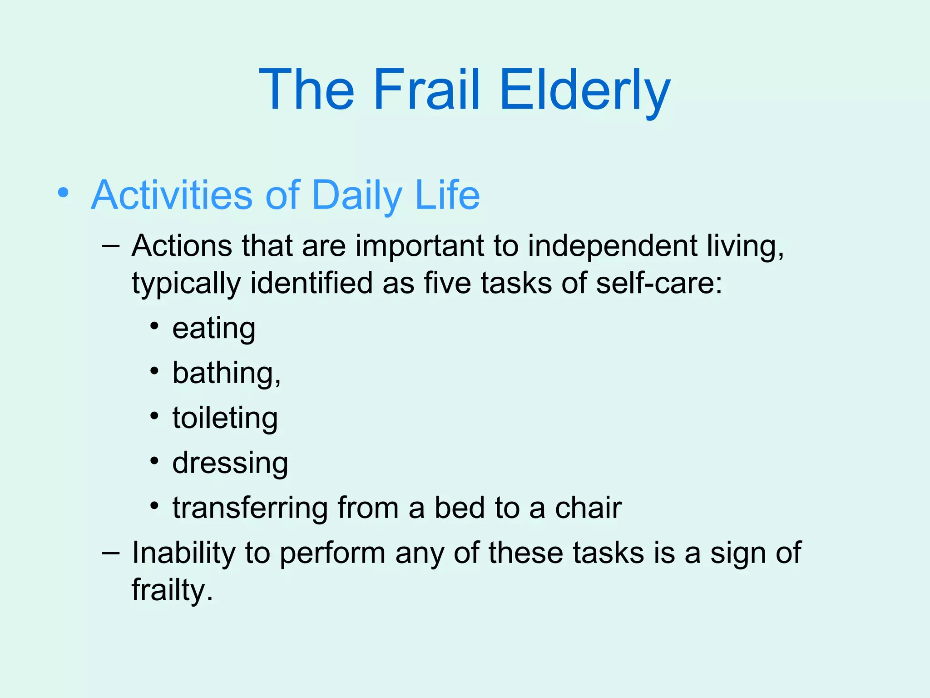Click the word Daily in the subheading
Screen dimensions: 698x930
pos(357,196)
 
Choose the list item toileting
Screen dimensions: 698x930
pos(225,418)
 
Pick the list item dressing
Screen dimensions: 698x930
pos(230,463)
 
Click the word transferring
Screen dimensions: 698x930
pos(250,508)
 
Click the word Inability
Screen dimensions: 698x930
pos(183,553)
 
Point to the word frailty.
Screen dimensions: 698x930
pos(172,590)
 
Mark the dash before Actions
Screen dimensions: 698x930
pos(111,246)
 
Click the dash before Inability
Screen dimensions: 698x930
pos(111,553)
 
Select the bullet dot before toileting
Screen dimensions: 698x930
pos(155,416)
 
